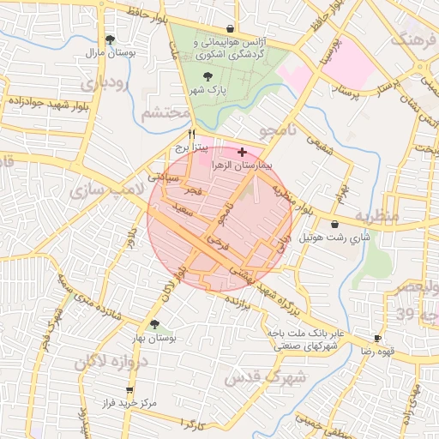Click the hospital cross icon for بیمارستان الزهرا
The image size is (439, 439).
point(241,151)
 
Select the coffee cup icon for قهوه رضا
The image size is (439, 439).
point(377,339)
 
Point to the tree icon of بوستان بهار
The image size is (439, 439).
point(153,325)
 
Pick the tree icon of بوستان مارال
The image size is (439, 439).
point(109,39)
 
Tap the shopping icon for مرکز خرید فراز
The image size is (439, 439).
point(129,389)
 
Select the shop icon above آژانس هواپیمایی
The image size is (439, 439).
point(230,28)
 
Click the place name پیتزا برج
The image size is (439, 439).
point(182,147)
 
